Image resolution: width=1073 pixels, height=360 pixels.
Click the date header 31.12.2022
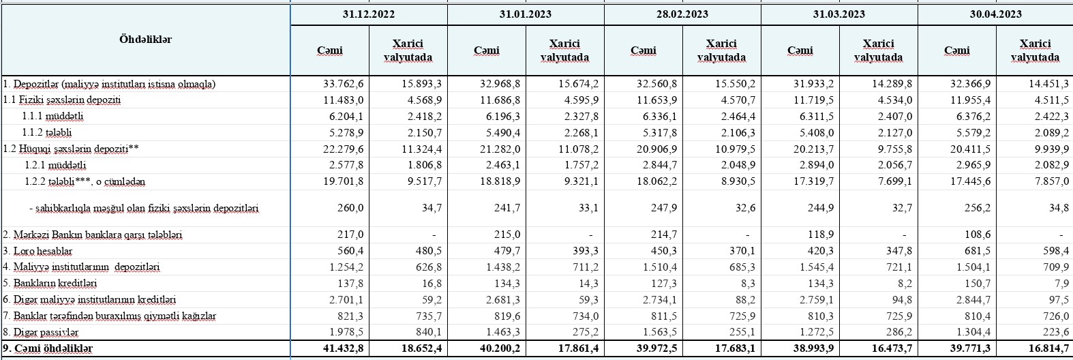click(x=369, y=14)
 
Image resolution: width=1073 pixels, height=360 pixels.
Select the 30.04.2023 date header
click(x=995, y=14)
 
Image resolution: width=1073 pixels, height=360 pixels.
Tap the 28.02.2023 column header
click(x=682, y=14)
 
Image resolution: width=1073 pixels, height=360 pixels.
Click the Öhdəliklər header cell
click(x=145, y=40)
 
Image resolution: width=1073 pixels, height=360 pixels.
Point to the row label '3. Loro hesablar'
click(x=37, y=251)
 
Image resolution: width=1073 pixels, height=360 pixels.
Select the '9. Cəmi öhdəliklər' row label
click(x=48, y=348)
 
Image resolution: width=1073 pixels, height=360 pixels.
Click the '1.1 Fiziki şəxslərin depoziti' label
click(x=62, y=100)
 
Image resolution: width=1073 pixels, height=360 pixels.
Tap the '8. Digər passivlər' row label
click(x=41, y=332)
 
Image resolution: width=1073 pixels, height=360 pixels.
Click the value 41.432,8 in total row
click(x=344, y=348)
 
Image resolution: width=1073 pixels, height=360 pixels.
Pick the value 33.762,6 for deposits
click(x=344, y=84)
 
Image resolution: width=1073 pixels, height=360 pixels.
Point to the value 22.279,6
click(x=344, y=149)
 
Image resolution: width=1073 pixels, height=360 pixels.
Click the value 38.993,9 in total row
click(x=815, y=348)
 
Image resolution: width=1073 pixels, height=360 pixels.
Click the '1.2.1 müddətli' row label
click(x=55, y=165)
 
